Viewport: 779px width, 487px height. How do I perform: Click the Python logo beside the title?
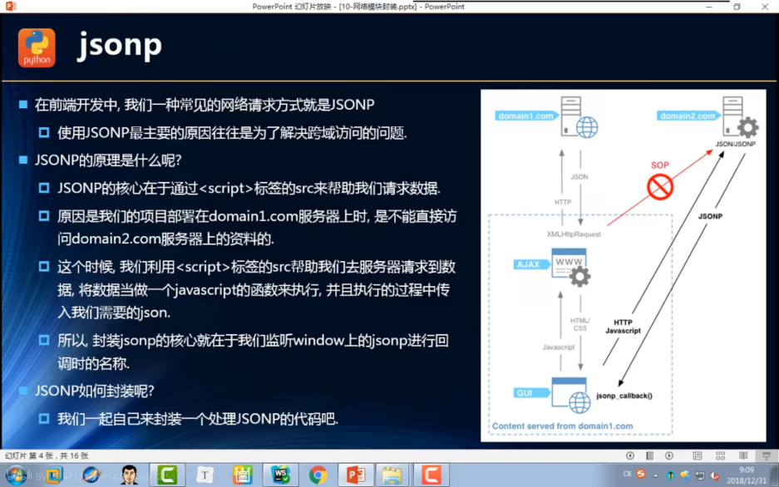pyautogui.click(x=37, y=47)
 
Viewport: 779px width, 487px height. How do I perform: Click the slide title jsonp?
pyautogui.click(x=120, y=45)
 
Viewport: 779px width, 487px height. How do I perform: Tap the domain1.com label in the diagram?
pyautogui.click(x=526, y=116)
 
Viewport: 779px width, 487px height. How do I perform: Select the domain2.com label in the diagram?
pyautogui.click(x=688, y=116)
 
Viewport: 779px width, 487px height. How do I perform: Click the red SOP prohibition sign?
pyautogui.click(x=660, y=188)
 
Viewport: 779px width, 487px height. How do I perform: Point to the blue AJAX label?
pyautogui.click(x=528, y=264)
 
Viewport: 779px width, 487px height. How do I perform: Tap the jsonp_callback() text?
pyautogui.click(x=624, y=396)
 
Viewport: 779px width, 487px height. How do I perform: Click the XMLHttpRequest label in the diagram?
pyautogui.click(x=574, y=234)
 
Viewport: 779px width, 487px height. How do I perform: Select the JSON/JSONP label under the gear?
pyautogui.click(x=736, y=144)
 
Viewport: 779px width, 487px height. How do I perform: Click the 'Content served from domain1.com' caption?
pyautogui.click(x=562, y=426)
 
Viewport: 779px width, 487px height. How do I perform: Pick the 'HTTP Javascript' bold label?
pyautogui.click(x=623, y=327)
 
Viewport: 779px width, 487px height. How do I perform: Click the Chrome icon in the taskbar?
pyautogui.click(x=318, y=475)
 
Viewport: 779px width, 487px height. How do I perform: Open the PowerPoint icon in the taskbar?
pyautogui.click(x=356, y=475)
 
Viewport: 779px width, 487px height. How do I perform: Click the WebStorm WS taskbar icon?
pyautogui.click(x=279, y=475)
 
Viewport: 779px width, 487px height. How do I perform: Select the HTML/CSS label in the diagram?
pyautogui.click(x=580, y=324)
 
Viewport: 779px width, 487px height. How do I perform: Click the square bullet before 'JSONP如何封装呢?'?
pyautogui.click(x=23, y=391)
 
